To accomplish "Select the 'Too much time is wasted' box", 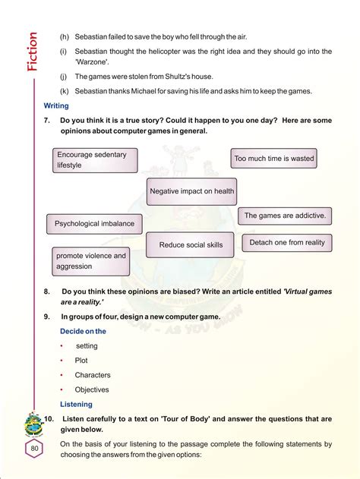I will click(273, 159).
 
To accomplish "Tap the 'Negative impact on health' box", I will click(191, 191).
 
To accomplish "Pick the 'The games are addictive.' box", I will click(285, 216).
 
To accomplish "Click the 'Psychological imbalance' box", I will click(94, 224).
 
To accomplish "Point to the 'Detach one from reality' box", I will click(286, 243).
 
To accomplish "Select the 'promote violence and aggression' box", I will click(91, 261).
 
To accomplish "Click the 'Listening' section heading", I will click(76, 404).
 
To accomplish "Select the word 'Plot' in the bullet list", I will click(81, 361).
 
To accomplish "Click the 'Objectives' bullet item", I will click(92, 389).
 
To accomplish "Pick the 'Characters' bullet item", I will click(93, 375).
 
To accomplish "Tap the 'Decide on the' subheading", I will click(83, 331).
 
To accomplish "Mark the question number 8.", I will click(46, 291).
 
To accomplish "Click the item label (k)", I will click(64, 91).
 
